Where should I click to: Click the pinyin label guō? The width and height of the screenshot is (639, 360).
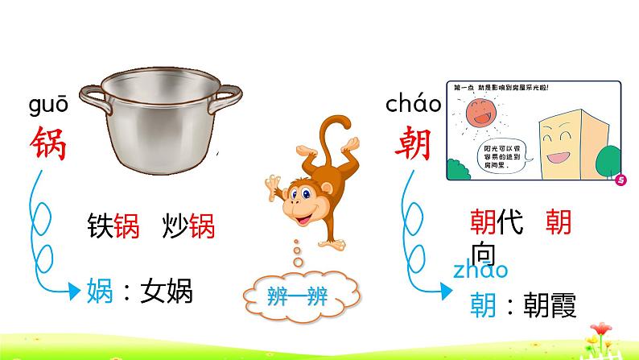click(x=48, y=106)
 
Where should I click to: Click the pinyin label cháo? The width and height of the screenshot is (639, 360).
click(x=413, y=104)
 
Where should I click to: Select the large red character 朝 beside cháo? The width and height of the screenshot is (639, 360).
click(x=413, y=144)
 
